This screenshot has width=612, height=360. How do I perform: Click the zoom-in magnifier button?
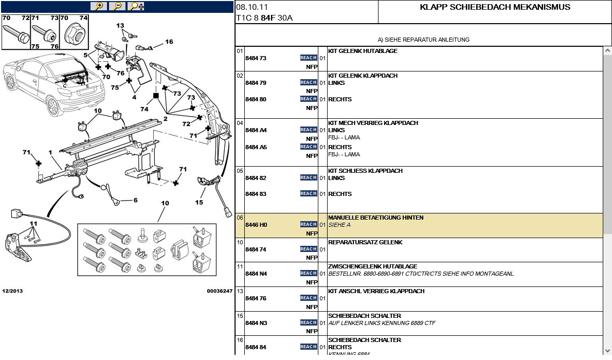99,6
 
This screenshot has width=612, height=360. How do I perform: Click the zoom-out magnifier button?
118,6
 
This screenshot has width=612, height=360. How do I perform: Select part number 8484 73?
256,58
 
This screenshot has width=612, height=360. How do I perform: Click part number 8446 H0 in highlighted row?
256,225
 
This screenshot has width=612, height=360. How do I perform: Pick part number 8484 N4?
256,274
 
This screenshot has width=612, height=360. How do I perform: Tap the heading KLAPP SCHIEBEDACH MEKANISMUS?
495,7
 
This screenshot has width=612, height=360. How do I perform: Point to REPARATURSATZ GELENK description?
365,242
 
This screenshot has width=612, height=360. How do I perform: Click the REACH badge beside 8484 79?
309,82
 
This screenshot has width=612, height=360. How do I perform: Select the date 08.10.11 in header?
252,7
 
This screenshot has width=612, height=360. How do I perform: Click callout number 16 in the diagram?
169,42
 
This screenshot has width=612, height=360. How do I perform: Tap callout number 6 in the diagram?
136,200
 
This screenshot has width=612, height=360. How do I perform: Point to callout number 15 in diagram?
199,202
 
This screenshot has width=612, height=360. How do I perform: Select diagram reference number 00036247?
220,291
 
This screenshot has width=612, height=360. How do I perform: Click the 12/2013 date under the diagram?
12,291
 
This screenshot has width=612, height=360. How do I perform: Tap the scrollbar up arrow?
607,51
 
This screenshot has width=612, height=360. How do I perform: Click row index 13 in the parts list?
240,291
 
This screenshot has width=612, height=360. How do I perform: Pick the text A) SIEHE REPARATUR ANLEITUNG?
423,40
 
